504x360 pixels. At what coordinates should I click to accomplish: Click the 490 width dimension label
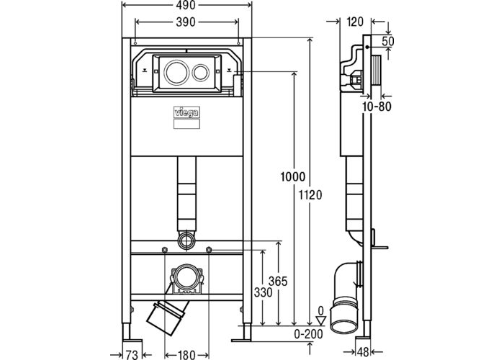click(186, 5)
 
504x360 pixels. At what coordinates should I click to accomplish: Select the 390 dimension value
click(186, 22)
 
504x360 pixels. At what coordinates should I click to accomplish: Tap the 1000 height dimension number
click(293, 177)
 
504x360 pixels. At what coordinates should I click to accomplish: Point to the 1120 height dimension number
click(310, 195)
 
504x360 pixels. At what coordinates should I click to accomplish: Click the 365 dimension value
click(278, 282)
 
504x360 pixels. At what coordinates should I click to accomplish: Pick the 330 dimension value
click(264, 292)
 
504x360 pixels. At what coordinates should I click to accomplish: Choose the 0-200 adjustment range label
click(309, 334)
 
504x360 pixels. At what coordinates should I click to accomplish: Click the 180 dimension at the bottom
click(186, 355)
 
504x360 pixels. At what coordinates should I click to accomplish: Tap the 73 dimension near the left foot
click(132, 355)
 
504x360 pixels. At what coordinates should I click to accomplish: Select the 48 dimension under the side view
click(363, 352)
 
